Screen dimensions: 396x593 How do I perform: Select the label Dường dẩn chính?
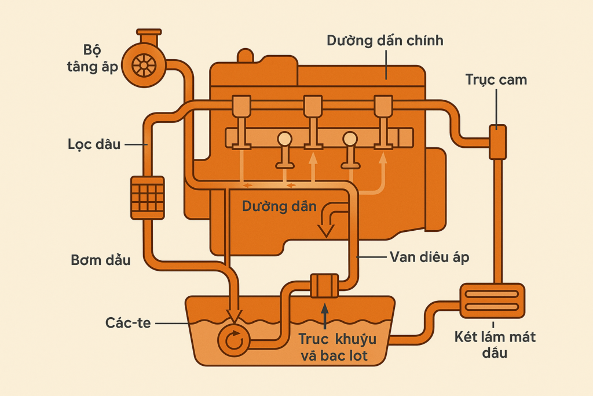pyautogui.click(x=385, y=41)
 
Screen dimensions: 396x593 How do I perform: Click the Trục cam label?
pyautogui.click(x=496, y=79)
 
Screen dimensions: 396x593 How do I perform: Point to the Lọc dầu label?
pyautogui.click(x=94, y=144)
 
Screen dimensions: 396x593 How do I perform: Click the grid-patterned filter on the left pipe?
pyautogui.click(x=148, y=198)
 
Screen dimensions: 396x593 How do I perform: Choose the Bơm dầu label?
pyautogui.click(x=101, y=260)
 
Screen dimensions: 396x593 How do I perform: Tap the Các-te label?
pyautogui.click(x=128, y=322)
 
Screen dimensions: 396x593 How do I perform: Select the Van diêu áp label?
pyautogui.click(x=429, y=257)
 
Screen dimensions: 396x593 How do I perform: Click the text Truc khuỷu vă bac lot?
pyautogui.click(x=334, y=347)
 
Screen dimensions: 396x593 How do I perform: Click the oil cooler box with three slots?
pyautogui.click(x=492, y=300)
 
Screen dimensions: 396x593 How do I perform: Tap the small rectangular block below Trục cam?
pyautogui.click(x=497, y=142)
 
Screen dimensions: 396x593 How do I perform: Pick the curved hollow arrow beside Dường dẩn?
pyautogui.click(x=332, y=220)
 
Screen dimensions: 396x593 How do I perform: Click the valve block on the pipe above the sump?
pyautogui.click(x=324, y=286)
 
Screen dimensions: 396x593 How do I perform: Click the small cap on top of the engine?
pyautogui.click(x=246, y=56)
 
